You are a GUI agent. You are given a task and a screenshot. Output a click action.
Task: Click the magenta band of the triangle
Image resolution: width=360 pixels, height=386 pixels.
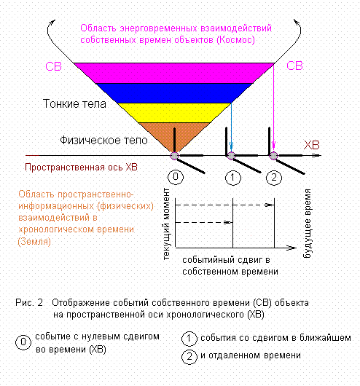pyautogui.click(x=174, y=73)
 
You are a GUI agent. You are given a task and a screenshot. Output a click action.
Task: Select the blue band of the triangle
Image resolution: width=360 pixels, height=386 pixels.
pyautogui.click(x=174, y=93)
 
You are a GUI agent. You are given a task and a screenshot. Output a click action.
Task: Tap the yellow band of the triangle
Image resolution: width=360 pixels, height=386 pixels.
pyautogui.click(x=174, y=113)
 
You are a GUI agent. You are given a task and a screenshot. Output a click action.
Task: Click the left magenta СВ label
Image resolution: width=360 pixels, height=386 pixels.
pyautogui.click(x=53, y=66)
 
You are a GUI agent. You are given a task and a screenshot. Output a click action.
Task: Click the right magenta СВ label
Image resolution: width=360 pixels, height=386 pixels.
pyautogui.click(x=294, y=66)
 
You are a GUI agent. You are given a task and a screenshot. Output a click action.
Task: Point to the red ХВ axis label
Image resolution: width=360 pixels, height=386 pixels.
pyautogui.click(x=311, y=145)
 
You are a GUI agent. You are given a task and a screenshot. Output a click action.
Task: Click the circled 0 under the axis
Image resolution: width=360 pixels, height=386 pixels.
pyautogui.click(x=176, y=177)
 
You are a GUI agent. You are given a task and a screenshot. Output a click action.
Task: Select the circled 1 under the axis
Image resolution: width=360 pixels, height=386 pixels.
pyautogui.click(x=233, y=178)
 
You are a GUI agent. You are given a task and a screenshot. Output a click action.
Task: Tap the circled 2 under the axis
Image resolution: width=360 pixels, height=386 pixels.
pyautogui.click(x=274, y=178)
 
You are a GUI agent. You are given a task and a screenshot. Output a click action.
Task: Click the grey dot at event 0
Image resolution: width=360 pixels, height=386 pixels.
pyautogui.click(x=174, y=156)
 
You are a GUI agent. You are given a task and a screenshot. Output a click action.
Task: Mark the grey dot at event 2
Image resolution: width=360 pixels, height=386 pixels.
pyautogui.click(x=273, y=156)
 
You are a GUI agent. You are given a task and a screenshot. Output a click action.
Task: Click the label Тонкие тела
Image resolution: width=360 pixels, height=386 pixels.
pyautogui.click(x=74, y=103)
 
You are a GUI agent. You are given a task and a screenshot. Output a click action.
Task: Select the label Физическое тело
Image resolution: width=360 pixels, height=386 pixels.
pyautogui.click(x=103, y=141)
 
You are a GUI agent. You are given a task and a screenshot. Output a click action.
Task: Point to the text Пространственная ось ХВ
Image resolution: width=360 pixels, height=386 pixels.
pyautogui.click(x=81, y=168)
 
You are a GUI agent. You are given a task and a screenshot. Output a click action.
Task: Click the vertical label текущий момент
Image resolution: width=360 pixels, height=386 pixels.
pyautogui.click(x=166, y=224)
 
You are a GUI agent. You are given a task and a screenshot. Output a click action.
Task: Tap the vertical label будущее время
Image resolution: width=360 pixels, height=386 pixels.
pyautogui.click(x=308, y=224)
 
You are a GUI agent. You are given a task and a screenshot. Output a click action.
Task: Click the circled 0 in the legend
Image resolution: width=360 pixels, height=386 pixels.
pyautogui.click(x=23, y=342)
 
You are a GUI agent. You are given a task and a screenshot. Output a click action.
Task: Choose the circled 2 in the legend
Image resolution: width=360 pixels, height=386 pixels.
pyautogui.click(x=189, y=357)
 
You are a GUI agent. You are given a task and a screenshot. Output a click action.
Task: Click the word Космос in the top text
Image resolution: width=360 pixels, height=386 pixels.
pyautogui.click(x=235, y=40)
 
